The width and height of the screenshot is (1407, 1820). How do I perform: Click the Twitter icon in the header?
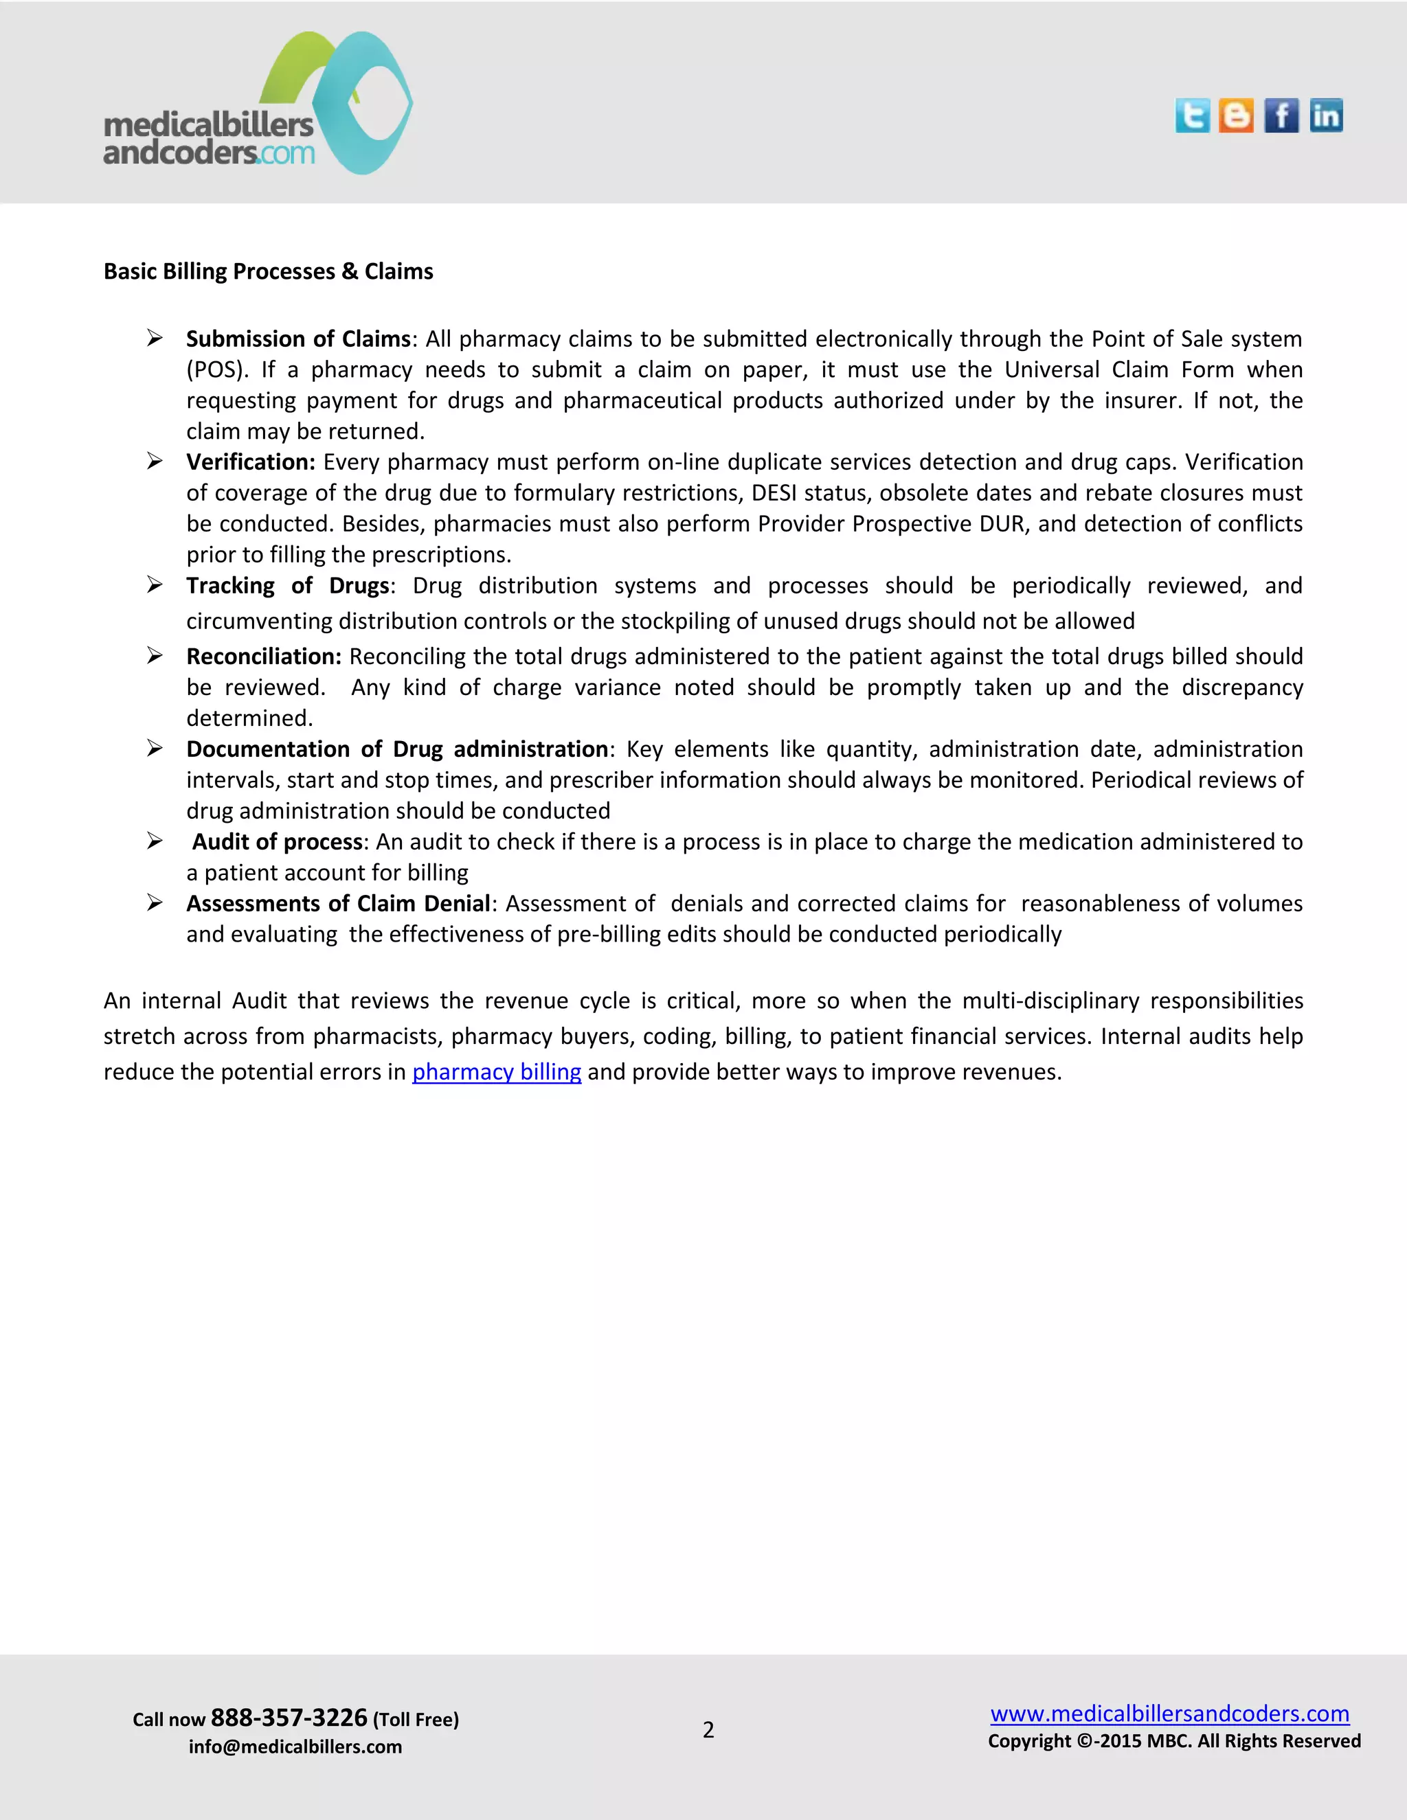click(1192, 116)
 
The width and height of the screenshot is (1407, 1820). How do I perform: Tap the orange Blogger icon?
click(1236, 116)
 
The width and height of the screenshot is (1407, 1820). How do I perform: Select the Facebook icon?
click(1281, 116)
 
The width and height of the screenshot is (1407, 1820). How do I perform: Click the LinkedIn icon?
click(1325, 116)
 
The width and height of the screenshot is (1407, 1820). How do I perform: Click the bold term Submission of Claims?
click(297, 339)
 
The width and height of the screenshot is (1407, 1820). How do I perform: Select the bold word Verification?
click(250, 462)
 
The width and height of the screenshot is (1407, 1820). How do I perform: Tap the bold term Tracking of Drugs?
click(288, 586)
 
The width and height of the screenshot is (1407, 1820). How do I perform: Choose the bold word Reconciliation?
click(263, 657)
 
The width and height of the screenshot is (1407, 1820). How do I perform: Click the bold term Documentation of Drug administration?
click(397, 749)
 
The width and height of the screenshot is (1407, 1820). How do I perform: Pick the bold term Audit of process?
click(278, 842)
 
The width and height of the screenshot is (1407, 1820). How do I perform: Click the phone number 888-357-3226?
click(289, 1718)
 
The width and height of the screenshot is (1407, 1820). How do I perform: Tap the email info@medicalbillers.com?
click(295, 1747)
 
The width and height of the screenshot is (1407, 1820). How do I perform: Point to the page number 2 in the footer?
click(708, 1730)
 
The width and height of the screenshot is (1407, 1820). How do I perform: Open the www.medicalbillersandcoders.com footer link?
click(1169, 1714)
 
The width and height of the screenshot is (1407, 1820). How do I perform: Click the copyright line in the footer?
click(1173, 1741)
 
